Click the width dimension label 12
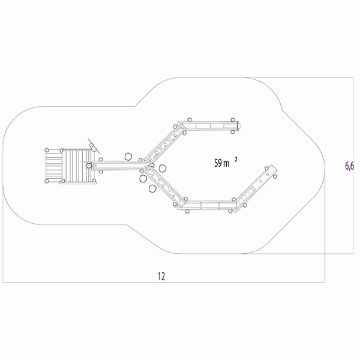(x=161, y=276)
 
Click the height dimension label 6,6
(x=349, y=166)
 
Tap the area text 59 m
(x=222, y=163)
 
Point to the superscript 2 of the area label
(x=236, y=159)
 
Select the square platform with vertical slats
(x=78, y=166)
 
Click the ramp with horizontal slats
(x=54, y=166)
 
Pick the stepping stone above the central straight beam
(x=128, y=157)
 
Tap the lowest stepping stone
(x=152, y=189)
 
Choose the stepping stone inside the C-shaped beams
(x=163, y=168)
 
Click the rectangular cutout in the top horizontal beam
(x=203, y=126)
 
